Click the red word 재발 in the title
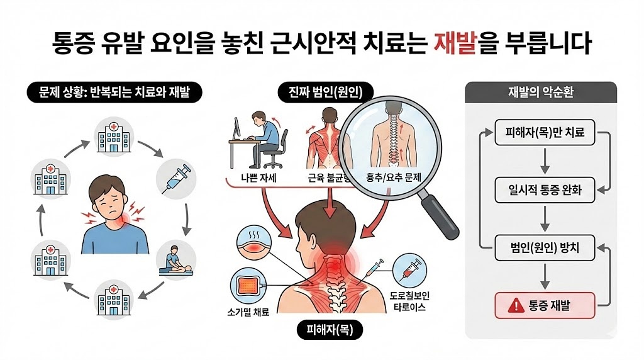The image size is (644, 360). (x=455, y=42)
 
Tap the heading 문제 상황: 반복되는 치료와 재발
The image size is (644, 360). (x=114, y=92)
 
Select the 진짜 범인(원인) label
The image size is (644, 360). (x=326, y=92)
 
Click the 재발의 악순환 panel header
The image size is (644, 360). (x=540, y=92)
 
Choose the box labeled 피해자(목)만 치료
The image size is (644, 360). (x=545, y=132)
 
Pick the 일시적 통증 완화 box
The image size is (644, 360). (x=545, y=190)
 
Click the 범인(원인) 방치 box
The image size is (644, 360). (x=545, y=248)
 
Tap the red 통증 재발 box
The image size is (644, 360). (x=545, y=305)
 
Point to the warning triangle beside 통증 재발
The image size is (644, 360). (x=516, y=306)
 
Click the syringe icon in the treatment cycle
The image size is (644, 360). (x=177, y=179)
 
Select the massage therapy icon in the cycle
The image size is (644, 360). (x=176, y=261)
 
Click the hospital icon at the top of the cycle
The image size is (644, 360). (x=114, y=137)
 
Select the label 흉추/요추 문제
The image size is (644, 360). (x=394, y=177)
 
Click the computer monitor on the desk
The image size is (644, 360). (x=237, y=128)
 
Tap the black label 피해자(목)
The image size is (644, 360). (x=330, y=330)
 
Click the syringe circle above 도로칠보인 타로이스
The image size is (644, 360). (x=409, y=271)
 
